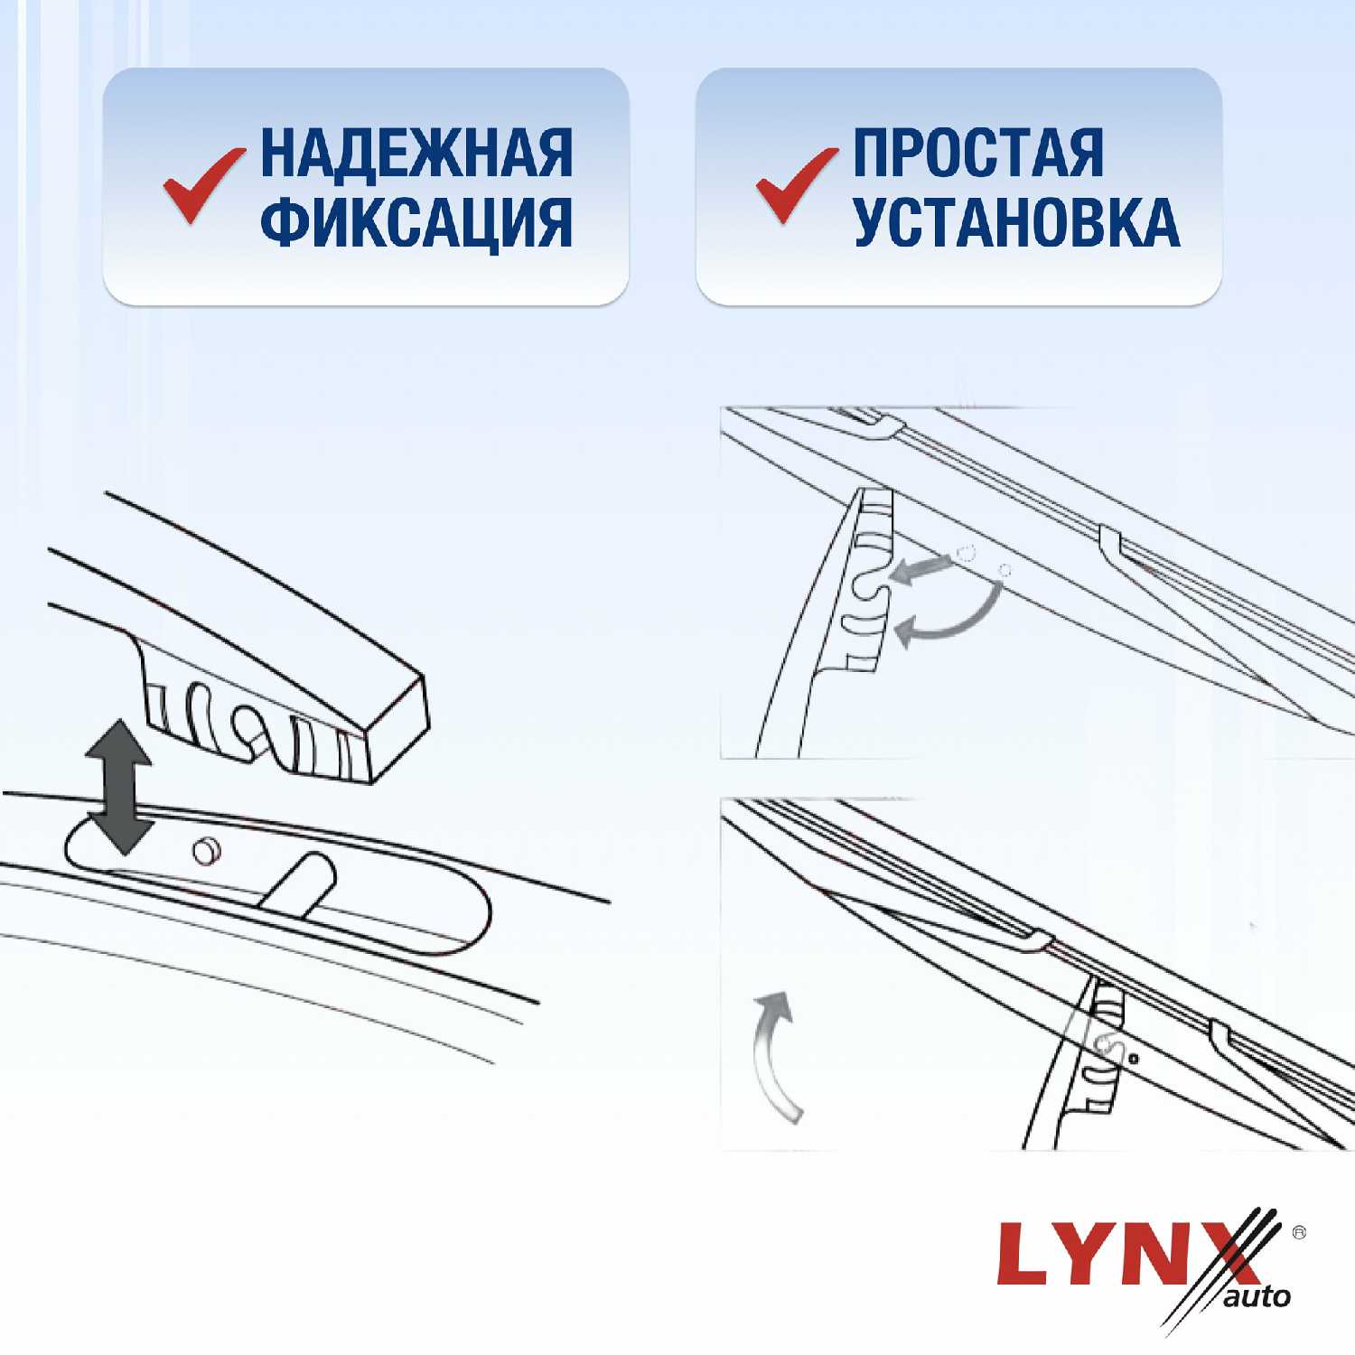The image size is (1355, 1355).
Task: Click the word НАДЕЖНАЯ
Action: tap(416, 153)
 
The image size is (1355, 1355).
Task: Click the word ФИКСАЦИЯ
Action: tap(416, 222)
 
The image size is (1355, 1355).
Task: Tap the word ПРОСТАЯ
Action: tap(978, 153)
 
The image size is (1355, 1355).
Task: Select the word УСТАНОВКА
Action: tap(1016, 221)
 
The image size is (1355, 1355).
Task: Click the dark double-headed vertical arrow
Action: tap(118, 787)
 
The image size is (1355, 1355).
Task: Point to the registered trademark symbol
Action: tap(1299, 1232)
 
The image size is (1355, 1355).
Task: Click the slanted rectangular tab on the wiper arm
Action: tap(297, 883)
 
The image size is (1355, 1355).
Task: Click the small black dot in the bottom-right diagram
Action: tap(1134, 1059)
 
